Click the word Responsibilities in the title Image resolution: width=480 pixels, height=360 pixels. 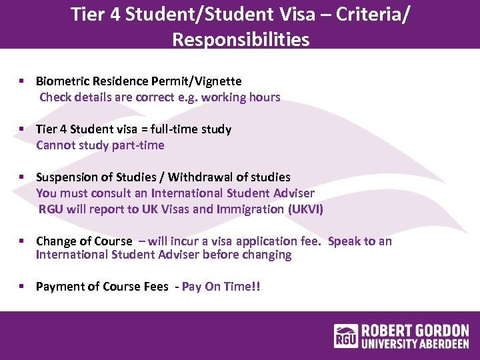(241, 39)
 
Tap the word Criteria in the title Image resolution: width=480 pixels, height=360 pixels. (365, 14)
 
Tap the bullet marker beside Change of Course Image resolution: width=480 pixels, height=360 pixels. (22, 241)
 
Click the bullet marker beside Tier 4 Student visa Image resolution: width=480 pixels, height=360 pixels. (22, 129)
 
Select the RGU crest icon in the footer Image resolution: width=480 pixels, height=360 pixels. (346, 337)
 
